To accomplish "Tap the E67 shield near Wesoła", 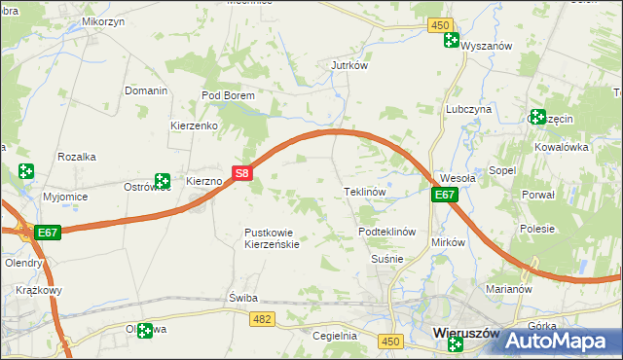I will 444,196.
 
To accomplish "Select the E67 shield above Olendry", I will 48,234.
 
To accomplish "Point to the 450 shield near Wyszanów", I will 440,25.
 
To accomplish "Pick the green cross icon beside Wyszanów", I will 451,40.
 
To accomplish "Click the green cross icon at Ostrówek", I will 163,181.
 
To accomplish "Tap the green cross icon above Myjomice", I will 25,172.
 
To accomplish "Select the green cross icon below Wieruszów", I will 456,344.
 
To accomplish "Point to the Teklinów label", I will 366,192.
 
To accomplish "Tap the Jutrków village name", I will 348,66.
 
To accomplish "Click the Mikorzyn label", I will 103,20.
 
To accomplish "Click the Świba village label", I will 241,297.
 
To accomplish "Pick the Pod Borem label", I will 227,95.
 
